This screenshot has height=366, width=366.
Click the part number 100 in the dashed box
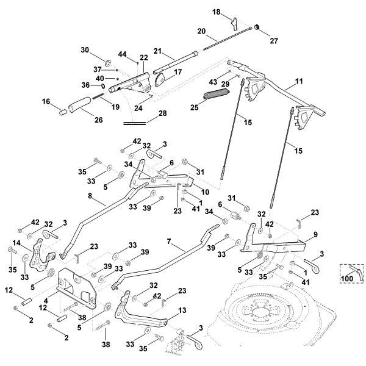coord(346,278)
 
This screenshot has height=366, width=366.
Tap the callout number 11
coord(299,80)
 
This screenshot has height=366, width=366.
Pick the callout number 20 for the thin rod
coord(202,31)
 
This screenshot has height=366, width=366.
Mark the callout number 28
coord(163,113)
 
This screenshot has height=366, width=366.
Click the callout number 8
coord(90,197)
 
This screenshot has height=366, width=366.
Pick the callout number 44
coord(124,55)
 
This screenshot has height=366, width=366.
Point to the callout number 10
coord(204,192)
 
